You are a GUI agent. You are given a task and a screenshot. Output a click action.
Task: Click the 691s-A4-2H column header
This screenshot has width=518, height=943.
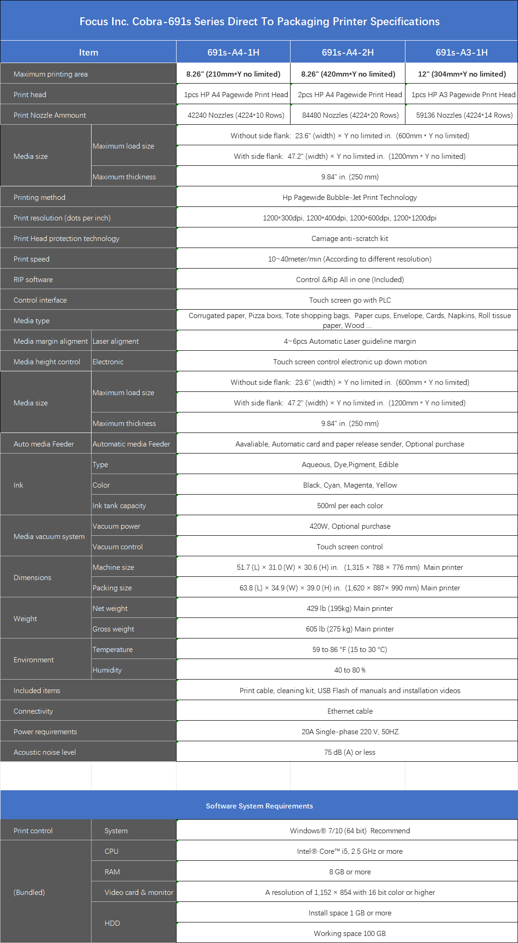[348, 52]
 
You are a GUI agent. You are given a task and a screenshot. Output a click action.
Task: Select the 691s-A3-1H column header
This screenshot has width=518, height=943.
[461, 52]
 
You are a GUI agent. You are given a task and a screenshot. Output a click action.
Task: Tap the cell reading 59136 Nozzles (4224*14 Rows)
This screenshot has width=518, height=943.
[464, 115]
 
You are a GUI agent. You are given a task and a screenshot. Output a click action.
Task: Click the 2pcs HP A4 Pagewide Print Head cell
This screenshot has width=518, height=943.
[350, 94]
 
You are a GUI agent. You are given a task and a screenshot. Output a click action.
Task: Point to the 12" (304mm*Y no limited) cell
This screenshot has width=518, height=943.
[461, 74]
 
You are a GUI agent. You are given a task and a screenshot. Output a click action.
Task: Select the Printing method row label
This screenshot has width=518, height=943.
[39, 197]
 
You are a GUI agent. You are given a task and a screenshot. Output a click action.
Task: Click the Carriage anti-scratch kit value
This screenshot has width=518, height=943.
[350, 238]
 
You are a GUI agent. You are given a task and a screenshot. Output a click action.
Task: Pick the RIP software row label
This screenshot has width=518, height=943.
[33, 279]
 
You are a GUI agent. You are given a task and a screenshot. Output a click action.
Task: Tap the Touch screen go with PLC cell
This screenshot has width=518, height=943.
[350, 300]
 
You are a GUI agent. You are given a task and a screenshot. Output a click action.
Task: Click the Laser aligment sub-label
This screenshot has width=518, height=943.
[115, 341]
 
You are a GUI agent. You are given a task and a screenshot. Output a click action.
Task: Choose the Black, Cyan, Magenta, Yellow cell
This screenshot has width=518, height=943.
[350, 485]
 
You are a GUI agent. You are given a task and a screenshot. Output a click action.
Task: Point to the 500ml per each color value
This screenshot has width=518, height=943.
[350, 505]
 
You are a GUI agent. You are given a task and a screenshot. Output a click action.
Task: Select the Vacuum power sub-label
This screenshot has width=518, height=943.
[116, 526]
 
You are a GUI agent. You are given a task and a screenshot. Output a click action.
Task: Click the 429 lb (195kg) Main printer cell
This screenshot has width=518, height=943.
[350, 608]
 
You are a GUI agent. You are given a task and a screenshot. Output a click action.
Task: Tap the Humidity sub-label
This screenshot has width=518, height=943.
[107, 670]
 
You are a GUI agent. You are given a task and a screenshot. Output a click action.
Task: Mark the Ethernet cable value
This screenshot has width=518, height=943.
[350, 711]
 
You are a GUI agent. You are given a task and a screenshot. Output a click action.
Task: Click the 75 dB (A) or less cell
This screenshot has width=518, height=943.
[350, 752]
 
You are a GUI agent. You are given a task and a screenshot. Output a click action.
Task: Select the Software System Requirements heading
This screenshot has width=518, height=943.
[259, 806]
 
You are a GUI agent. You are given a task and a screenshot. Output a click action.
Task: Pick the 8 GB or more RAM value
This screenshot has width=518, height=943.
[350, 872]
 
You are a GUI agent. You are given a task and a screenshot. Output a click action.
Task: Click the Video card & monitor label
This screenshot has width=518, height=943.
[139, 892]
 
